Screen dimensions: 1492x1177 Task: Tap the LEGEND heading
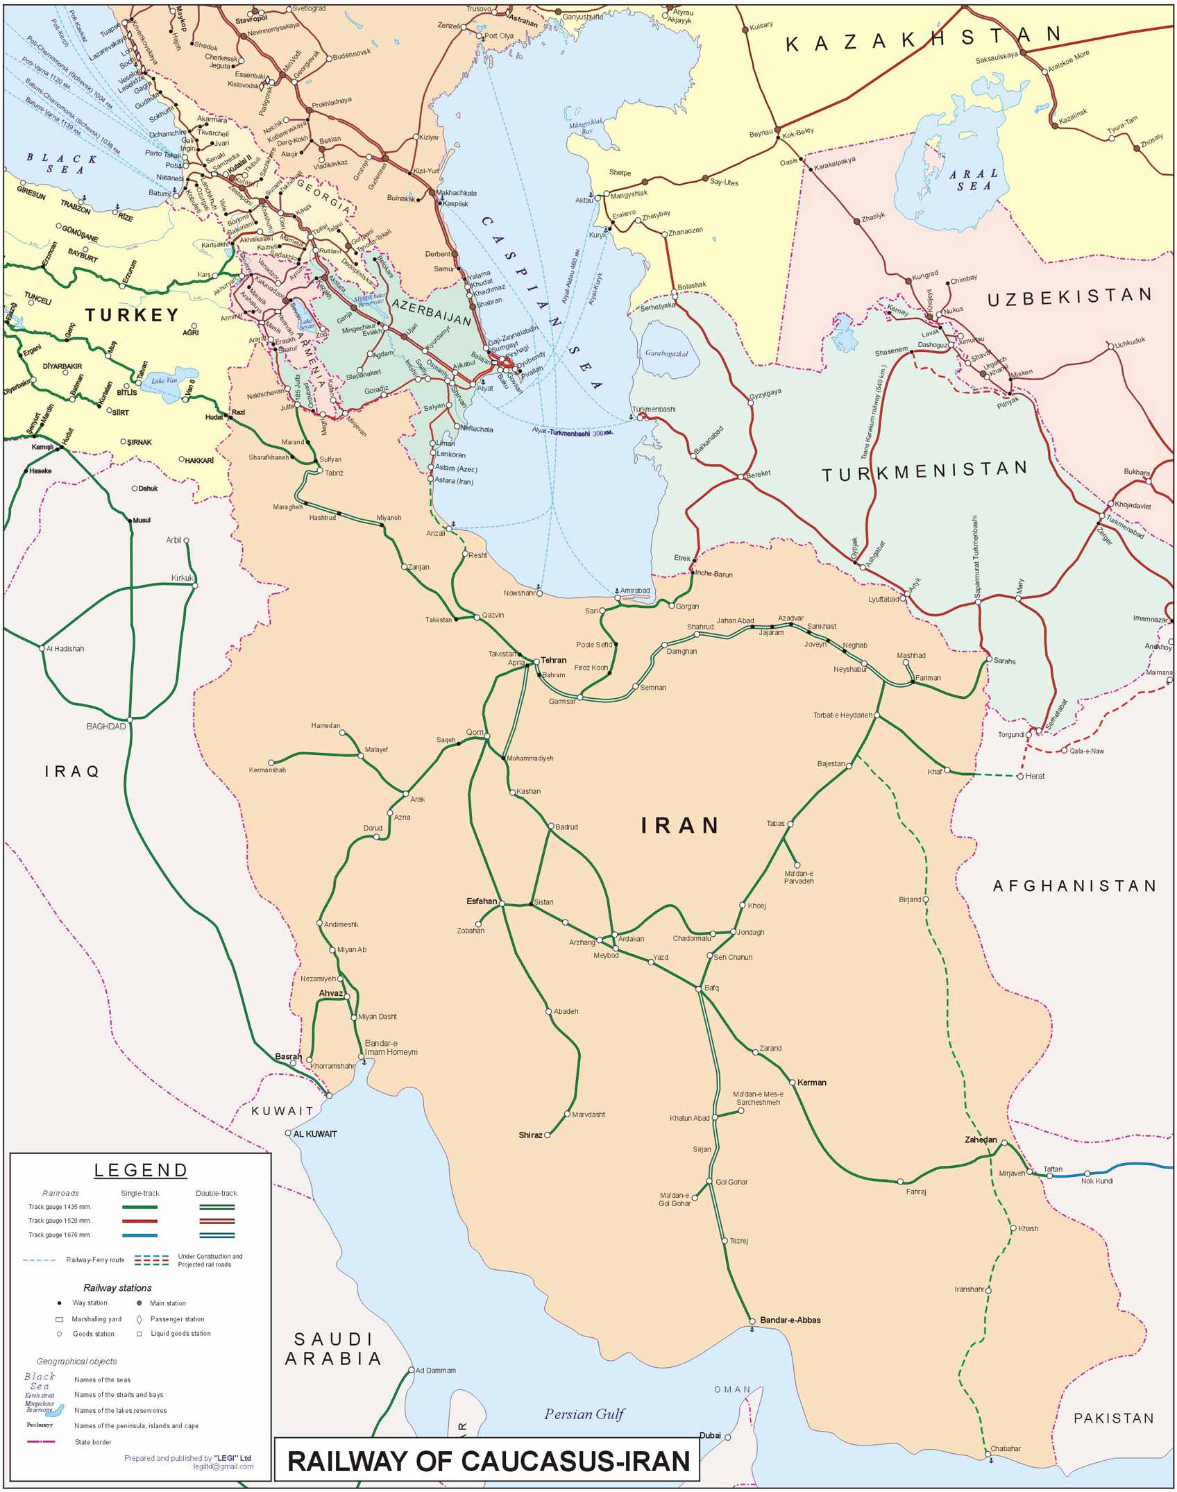[141, 1170]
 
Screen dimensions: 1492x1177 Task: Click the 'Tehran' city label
[553, 660]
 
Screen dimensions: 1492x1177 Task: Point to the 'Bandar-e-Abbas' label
[790, 1320]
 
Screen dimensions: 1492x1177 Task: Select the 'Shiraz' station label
[530, 1135]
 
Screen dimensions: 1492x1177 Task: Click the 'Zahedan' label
[980, 1139]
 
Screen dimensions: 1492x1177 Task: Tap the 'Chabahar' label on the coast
[1006, 1448]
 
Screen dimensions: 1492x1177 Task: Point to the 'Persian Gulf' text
[584, 1414]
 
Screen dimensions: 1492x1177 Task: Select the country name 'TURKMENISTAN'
[924, 472]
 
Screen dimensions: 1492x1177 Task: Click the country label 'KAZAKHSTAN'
[923, 39]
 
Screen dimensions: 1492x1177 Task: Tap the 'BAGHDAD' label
[106, 726]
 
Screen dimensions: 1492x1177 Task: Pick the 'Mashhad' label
[911, 655]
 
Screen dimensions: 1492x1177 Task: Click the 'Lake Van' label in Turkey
[164, 380]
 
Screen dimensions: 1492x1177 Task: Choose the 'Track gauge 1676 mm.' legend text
[59, 1235]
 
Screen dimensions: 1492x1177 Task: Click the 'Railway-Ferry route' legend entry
[95, 1260]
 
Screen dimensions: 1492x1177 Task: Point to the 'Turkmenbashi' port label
[653, 409]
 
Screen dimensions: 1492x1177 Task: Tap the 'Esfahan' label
[481, 901]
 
